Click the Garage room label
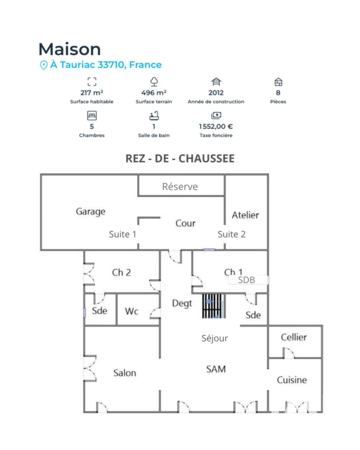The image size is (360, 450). point(90,212)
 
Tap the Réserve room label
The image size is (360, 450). point(180,186)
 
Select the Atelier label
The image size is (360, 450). point(246,215)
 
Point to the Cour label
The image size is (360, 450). point(185,223)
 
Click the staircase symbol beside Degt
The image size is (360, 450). point(213,306)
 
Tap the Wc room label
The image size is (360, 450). point(132,311)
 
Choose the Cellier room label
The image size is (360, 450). point(294,337)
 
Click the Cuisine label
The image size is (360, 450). point(291,380)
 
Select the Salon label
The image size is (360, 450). point(125,373)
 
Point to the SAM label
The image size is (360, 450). point(216,369)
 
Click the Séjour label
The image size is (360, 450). point(215,338)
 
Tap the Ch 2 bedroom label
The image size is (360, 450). point(121,272)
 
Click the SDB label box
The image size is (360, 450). point(249,280)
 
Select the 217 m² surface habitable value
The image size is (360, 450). point(91,93)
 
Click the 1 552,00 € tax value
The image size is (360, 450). point(216,127)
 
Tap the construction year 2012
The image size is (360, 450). point(216,93)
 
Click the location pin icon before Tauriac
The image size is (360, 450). point(43,65)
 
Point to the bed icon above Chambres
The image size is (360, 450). point(92,115)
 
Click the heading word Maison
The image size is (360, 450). point(70,49)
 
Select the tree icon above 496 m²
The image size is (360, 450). point(154,82)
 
